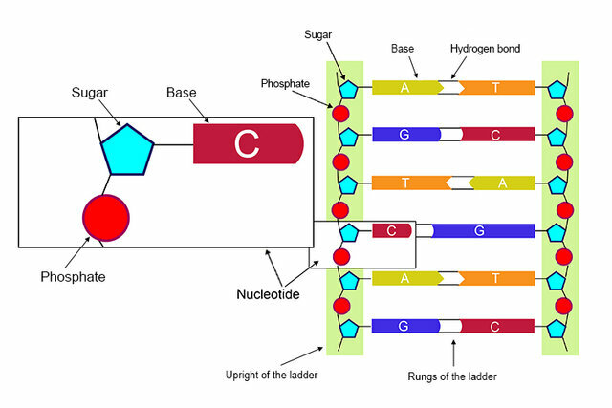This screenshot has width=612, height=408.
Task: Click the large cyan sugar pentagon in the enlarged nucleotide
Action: [x=128, y=150]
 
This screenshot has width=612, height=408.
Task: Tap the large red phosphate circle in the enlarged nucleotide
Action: [x=105, y=216]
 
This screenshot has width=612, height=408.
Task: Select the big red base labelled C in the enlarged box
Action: [x=248, y=143]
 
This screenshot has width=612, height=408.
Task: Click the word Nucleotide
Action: [x=268, y=294]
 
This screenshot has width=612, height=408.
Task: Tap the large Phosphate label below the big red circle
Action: [x=73, y=277]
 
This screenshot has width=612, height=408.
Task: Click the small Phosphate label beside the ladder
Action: [x=285, y=83]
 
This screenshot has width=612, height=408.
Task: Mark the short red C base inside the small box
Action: [x=392, y=230]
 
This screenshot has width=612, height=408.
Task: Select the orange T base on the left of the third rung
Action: [x=406, y=183]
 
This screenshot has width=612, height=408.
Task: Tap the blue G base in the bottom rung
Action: [x=404, y=326]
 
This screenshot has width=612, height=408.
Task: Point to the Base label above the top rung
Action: [x=403, y=47]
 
